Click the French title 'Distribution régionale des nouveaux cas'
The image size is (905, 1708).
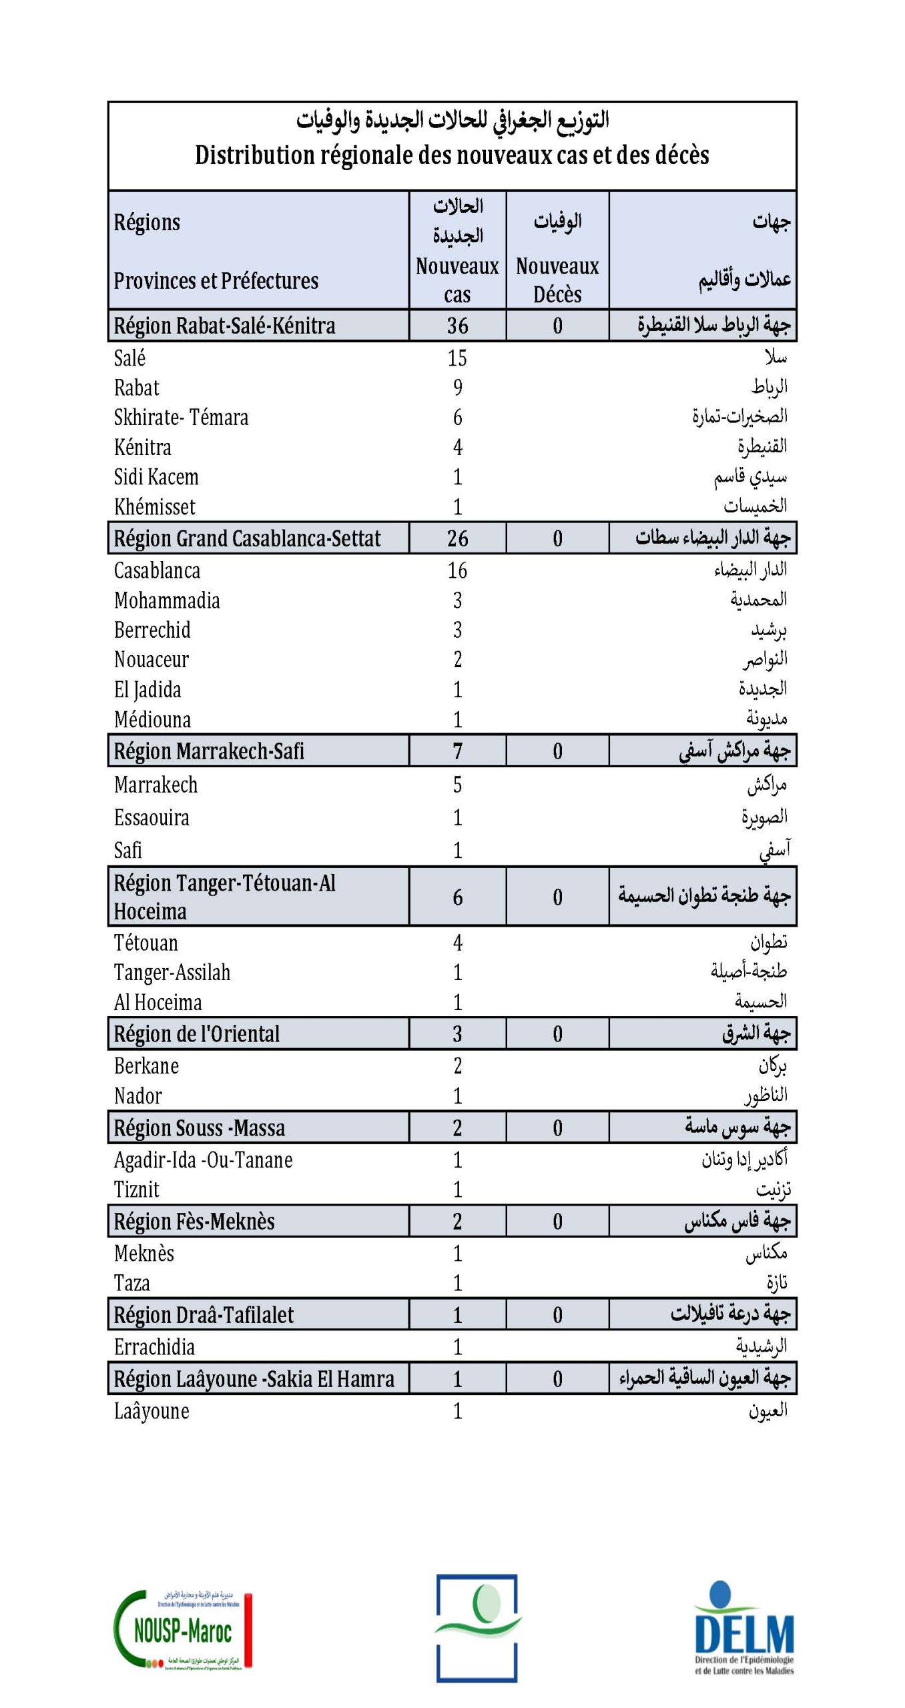pos(452,155)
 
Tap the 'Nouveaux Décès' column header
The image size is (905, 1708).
pos(557,280)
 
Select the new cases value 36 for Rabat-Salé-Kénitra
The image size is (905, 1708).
pos(457,326)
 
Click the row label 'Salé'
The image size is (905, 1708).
pos(129,358)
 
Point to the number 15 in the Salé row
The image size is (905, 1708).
pos(457,358)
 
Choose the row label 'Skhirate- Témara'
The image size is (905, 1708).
pos(181,418)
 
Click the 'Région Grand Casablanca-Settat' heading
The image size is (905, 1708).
pos(247,538)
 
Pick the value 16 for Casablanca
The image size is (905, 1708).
pos(457,570)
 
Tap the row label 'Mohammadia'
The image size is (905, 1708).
pos(167,600)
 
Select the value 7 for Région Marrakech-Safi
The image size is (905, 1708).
pos(457,751)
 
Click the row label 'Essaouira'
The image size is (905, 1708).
pos(152,818)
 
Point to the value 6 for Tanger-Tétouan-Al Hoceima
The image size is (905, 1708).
pos(457,897)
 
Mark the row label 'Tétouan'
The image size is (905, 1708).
pos(146,943)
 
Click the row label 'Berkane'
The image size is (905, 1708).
pos(146,1066)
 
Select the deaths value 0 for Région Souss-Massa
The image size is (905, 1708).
pos(557,1128)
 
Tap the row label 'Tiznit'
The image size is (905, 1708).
pos(137,1190)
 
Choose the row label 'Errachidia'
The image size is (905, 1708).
pos(154,1347)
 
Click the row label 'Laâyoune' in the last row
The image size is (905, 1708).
pos(152,1411)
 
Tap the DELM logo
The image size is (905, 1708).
pos(743,1629)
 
